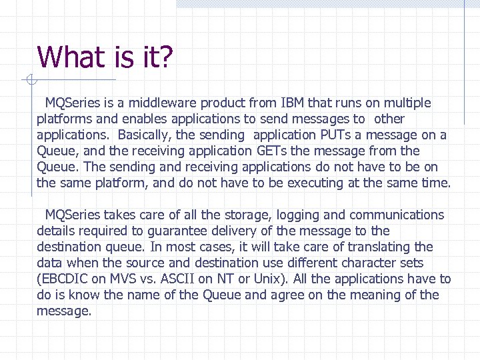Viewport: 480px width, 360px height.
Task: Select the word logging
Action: point(299,215)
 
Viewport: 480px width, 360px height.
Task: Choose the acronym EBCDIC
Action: point(64,279)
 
